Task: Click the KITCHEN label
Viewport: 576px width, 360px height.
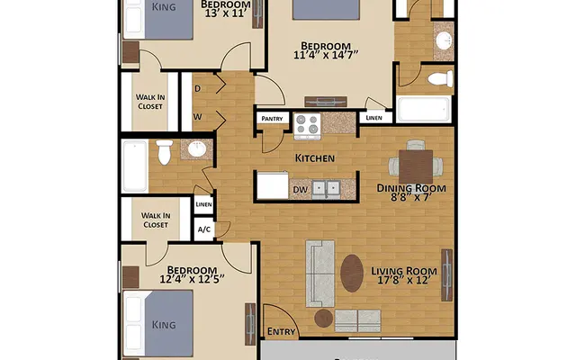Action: pyautogui.click(x=315, y=158)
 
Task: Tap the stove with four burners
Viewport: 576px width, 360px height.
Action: pyautogui.click(x=308, y=126)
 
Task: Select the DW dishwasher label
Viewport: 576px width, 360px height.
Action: pyautogui.click(x=299, y=189)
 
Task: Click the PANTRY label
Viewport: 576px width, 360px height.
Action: pyautogui.click(x=272, y=118)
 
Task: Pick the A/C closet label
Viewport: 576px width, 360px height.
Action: pyautogui.click(x=205, y=229)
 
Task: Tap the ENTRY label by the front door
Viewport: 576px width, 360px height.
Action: pyautogui.click(x=283, y=331)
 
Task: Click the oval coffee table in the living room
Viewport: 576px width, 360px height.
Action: pyautogui.click(x=353, y=274)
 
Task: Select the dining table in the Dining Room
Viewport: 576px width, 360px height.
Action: pyautogui.click(x=415, y=165)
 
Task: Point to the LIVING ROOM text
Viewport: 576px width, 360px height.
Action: pyautogui.click(x=404, y=271)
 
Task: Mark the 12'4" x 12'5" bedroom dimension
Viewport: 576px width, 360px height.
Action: pyautogui.click(x=192, y=281)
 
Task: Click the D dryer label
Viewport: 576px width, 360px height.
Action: pyautogui.click(x=197, y=89)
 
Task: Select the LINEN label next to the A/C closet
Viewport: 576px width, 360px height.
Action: pyautogui.click(x=204, y=205)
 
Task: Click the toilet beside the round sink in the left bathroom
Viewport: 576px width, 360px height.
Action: pyautogui.click(x=164, y=153)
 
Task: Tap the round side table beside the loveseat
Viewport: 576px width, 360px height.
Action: pyautogui.click(x=323, y=318)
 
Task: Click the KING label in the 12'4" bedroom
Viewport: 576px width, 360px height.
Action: pyautogui.click(x=163, y=323)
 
